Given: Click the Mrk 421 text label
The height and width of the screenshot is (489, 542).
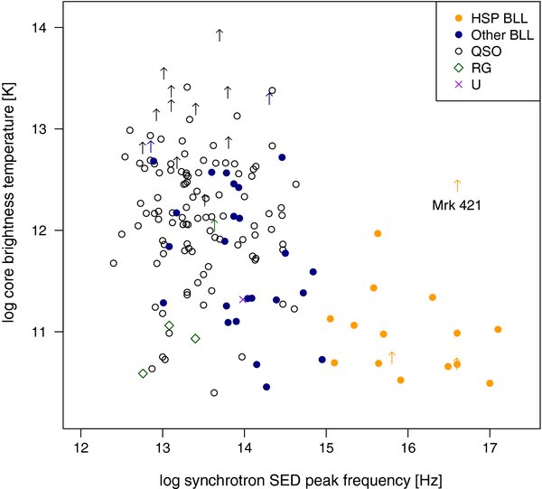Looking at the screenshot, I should coord(457,205).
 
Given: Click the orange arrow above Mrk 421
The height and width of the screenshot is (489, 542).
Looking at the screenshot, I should coord(457,185).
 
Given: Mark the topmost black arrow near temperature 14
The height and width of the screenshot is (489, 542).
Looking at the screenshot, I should coord(220,34).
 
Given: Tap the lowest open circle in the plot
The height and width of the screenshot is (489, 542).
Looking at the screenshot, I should coord(214,392).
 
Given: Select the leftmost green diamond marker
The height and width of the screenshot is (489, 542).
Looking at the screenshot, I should coord(143,373).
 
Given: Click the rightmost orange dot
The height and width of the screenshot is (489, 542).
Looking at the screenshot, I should coord(498,329).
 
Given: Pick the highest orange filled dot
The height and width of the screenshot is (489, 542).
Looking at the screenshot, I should coord(378,233).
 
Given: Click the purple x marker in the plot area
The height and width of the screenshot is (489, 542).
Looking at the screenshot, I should coord(242,299).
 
